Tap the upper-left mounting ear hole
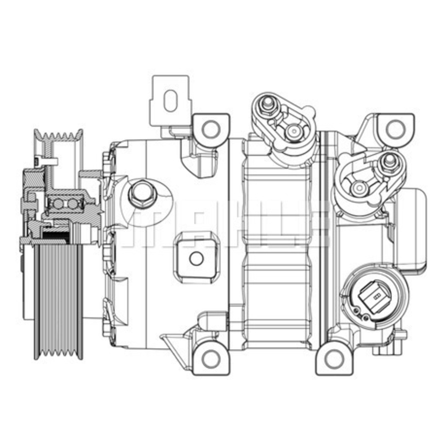pyautogui.click(x=209, y=129)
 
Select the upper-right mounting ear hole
pyautogui.click(x=394, y=129)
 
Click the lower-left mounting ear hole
pyautogui.click(x=210, y=358)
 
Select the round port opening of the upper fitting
pyautogui.click(x=294, y=130)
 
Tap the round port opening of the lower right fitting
pyautogui.click(x=358, y=188)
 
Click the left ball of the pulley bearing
pyautogui.click(x=58, y=204)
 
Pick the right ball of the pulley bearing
pyautogui.click(x=73, y=204)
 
